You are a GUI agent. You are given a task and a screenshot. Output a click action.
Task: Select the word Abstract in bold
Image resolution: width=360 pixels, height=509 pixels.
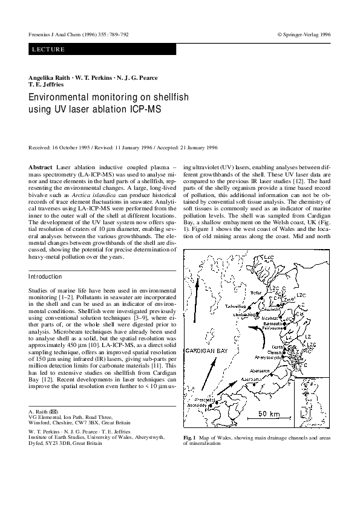41,166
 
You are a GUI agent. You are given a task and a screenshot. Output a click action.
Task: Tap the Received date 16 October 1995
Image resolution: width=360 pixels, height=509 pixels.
71,147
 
